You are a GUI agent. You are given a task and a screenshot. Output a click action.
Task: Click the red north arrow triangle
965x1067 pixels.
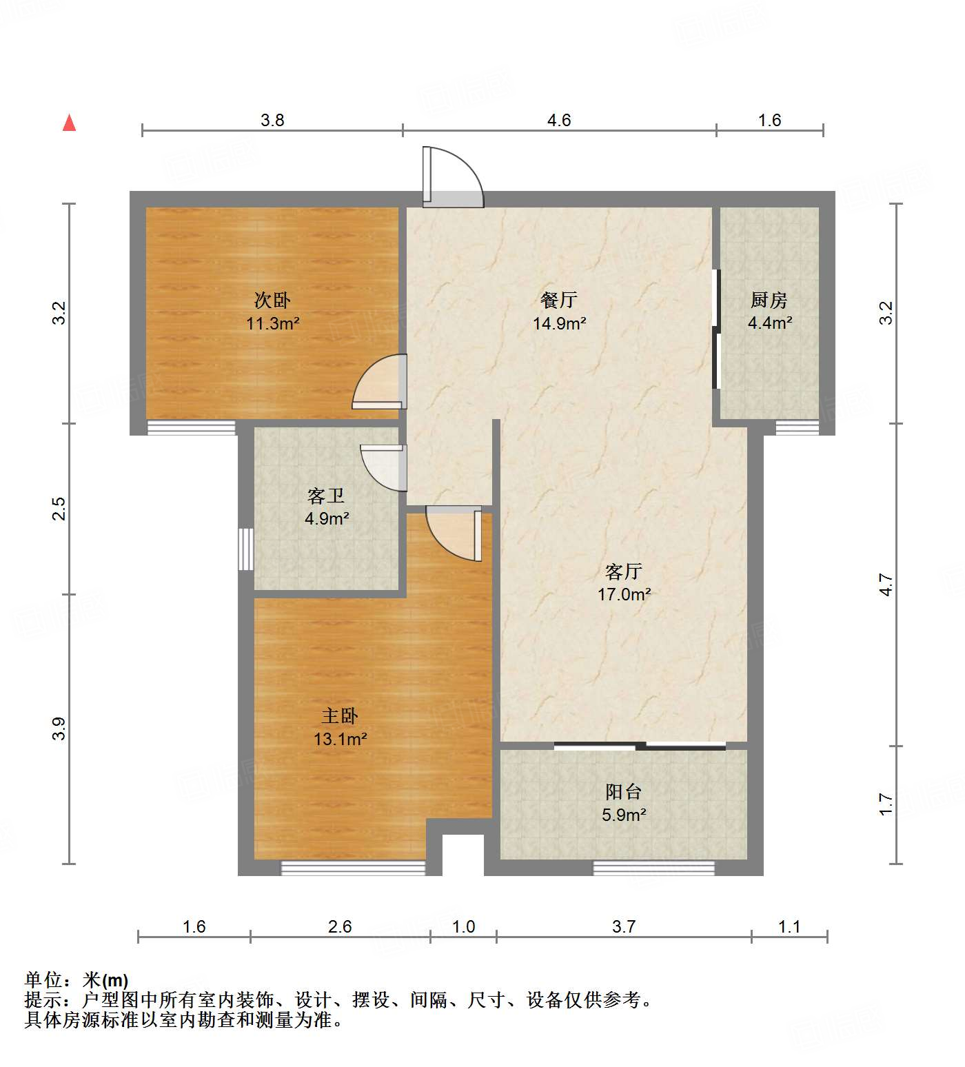[x=69, y=123]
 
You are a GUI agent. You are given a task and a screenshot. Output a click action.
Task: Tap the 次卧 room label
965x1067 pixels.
[x=272, y=300]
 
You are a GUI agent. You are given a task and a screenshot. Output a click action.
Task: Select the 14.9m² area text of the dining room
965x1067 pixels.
[x=559, y=323]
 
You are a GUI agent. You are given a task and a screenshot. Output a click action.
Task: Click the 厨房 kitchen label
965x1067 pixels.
[x=769, y=300]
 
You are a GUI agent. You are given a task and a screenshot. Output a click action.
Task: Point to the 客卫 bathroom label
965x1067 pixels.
[x=326, y=496]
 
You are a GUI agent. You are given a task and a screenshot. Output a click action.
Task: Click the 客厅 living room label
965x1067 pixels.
[x=624, y=571]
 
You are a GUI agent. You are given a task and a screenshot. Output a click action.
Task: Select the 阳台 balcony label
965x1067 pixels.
[x=624, y=791]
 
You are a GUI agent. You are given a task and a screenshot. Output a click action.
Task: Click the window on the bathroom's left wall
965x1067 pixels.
[x=246, y=549]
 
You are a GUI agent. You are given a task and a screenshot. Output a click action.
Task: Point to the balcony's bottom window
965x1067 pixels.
[x=653, y=868]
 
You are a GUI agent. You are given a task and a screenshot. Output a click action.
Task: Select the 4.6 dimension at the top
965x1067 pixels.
[x=559, y=120]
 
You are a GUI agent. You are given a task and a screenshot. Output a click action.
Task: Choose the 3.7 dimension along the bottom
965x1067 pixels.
[x=624, y=926]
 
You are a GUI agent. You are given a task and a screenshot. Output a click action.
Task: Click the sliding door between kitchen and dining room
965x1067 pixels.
[x=716, y=329]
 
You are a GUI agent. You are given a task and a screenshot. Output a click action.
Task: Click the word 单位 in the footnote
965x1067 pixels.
[x=43, y=979]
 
